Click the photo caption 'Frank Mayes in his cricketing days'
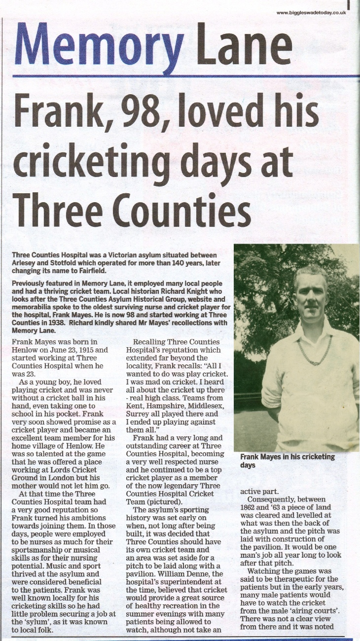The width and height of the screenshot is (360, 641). coord(287,461)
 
